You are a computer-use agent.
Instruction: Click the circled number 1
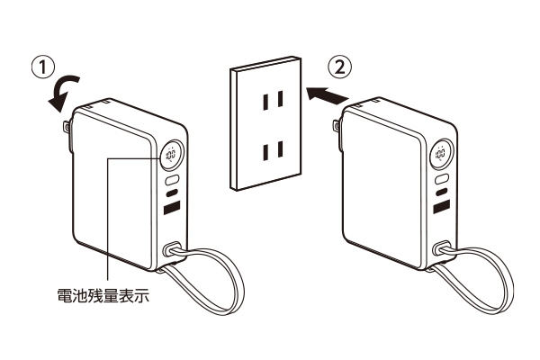(43, 67)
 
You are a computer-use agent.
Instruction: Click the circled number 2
(340, 67)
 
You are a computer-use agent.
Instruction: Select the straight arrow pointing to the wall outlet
(327, 95)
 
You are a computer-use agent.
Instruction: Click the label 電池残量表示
(103, 295)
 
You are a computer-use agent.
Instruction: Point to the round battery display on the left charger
(172, 154)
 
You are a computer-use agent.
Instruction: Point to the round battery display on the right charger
(441, 153)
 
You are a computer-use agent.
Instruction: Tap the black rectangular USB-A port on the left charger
(172, 207)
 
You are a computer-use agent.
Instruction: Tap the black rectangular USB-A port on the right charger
(442, 206)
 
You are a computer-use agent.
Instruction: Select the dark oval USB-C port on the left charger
(172, 193)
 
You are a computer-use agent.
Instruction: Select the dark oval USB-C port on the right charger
(442, 191)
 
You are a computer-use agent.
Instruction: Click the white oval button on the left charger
(172, 180)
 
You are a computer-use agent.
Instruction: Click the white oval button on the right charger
(442, 178)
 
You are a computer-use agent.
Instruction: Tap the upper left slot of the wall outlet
(265, 102)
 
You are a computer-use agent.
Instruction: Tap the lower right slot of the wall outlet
(280, 149)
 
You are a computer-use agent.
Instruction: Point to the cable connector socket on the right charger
(442, 247)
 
